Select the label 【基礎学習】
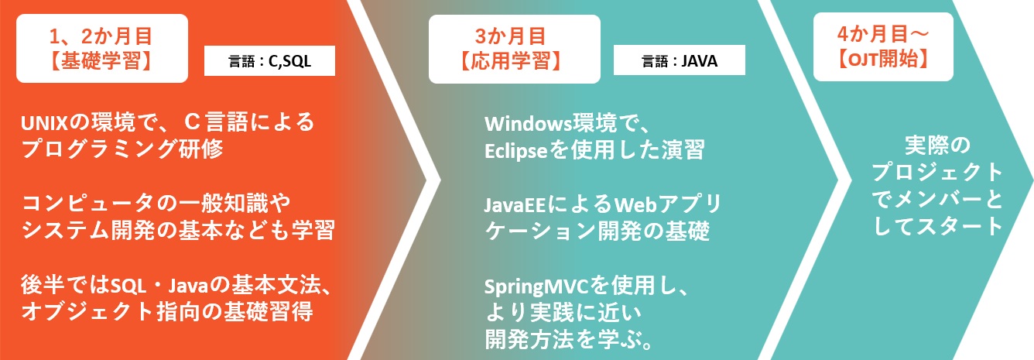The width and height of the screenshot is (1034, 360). click(101, 60)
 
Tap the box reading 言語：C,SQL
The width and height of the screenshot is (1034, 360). click(270, 62)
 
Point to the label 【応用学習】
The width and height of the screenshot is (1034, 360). click(511, 60)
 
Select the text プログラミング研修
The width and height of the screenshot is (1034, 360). click(123, 148)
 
